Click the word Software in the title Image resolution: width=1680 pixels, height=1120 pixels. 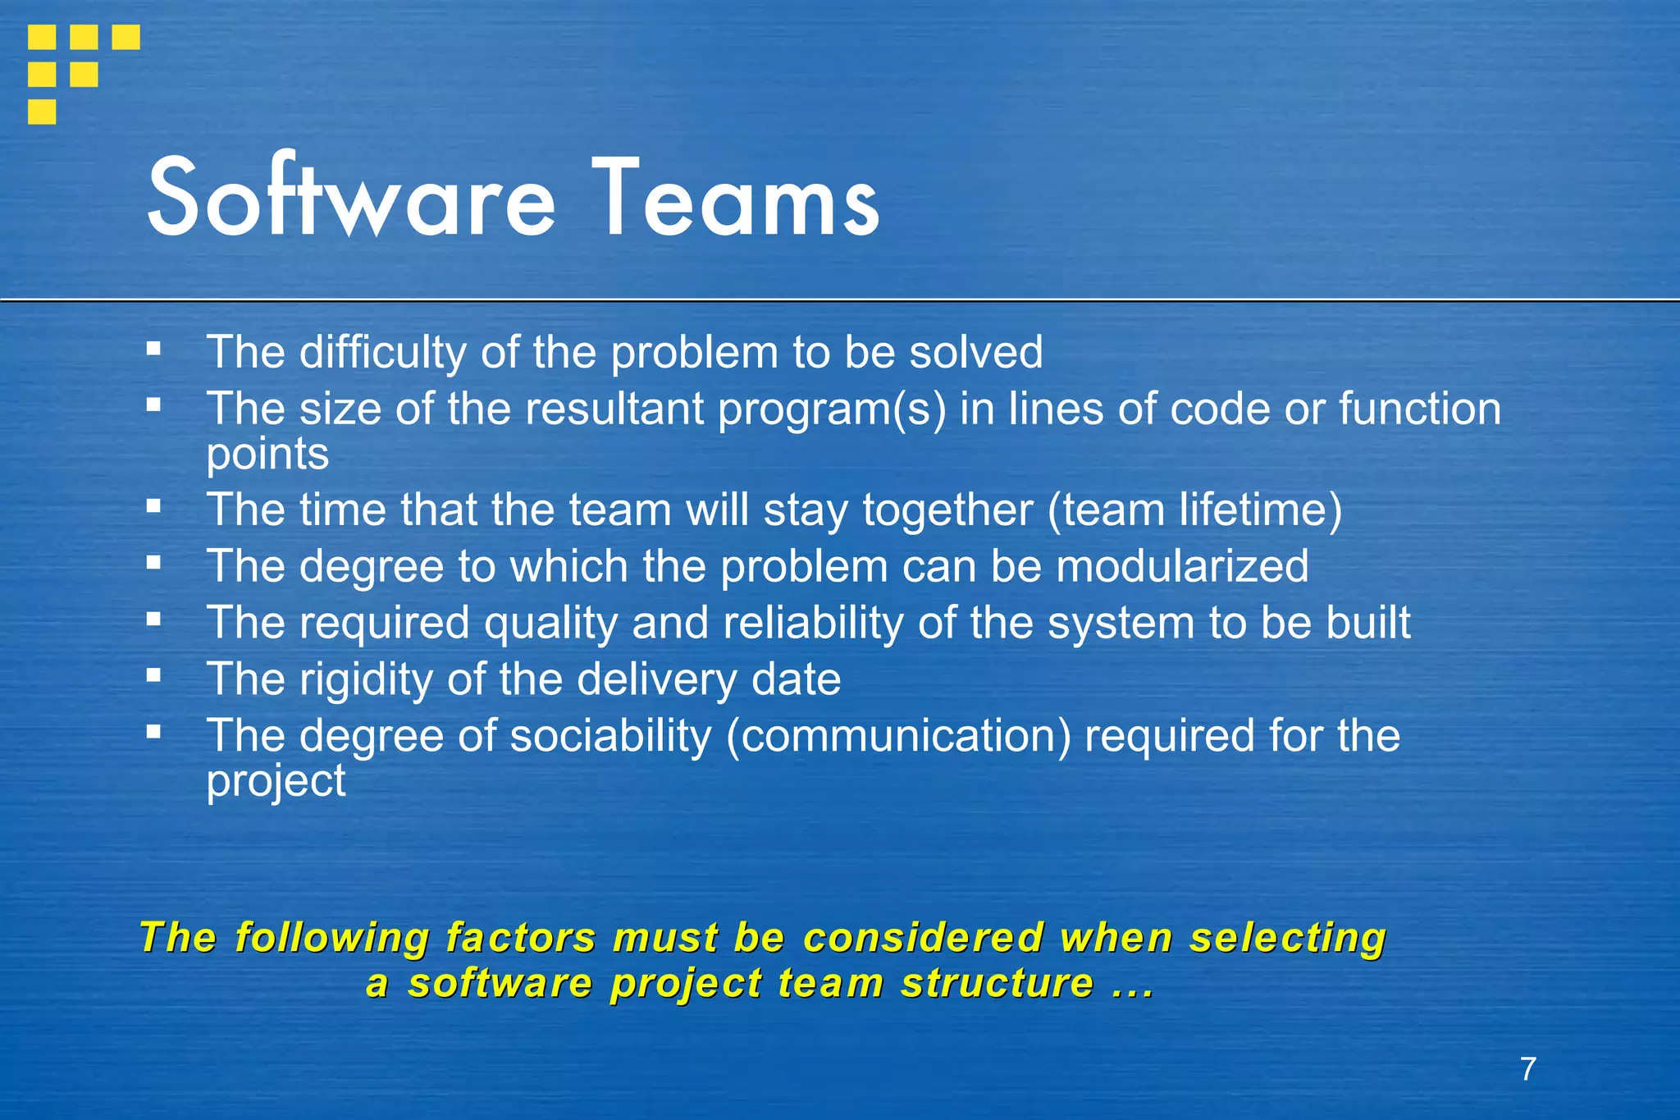[351, 199]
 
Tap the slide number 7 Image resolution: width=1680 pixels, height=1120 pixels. [1527, 1069]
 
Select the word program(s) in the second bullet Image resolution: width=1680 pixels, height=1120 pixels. [832, 409]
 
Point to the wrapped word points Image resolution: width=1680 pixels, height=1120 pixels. [267, 454]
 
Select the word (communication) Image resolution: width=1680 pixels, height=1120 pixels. [898, 736]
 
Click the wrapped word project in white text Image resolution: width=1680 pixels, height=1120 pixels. [276, 780]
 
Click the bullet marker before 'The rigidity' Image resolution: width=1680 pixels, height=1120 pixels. [153, 676]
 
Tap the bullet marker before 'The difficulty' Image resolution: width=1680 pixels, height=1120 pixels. [153, 349]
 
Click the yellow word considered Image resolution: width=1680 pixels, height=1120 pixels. [923, 938]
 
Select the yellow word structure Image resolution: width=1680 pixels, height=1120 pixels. [997, 983]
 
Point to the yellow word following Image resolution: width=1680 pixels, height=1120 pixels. [331, 938]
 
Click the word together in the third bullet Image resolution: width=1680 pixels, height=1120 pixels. [947, 510]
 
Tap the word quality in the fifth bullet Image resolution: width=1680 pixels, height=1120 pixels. [550, 623]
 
